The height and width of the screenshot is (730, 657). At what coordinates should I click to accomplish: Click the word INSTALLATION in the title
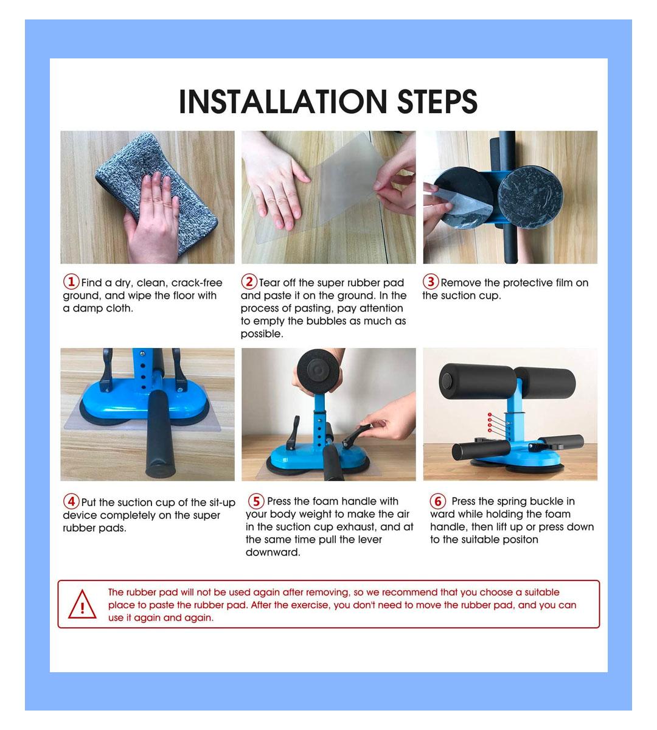pos(283,102)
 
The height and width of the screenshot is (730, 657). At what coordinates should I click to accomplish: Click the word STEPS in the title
pos(437,102)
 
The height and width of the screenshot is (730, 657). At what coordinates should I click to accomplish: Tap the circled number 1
pos(71,282)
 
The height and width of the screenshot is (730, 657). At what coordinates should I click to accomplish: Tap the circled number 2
pos(249,282)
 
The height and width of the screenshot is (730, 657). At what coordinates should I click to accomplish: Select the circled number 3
pos(431,282)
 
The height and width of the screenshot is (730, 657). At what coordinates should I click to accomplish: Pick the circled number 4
pos(71,501)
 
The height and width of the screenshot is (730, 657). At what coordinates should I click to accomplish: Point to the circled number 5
pos(256,501)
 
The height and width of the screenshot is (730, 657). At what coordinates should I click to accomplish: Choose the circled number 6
pos(438,501)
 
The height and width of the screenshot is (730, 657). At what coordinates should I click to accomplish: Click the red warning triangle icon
pos(82,605)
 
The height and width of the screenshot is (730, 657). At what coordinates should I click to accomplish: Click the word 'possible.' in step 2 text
pos(262,334)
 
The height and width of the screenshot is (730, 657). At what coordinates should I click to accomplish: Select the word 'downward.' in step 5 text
pos(273,552)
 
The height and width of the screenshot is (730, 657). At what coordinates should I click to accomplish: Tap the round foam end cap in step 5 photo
pos(318,370)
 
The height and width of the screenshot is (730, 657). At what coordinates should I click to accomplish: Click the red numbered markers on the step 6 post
pos(490,423)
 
